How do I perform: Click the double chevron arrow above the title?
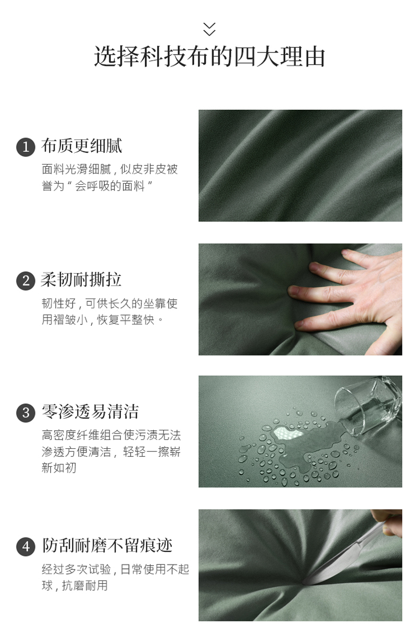coord(209,29)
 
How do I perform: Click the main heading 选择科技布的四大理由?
coord(210,57)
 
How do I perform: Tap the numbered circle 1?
coord(26,146)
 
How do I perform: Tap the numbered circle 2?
coord(26,281)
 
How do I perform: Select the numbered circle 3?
coord(26,413)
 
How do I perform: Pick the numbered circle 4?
coord(26,546)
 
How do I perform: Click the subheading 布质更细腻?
coord(82,146)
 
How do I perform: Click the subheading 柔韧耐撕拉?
coord(81,280)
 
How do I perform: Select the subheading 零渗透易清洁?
coord(90,412)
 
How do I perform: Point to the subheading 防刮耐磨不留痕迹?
coord(107,545)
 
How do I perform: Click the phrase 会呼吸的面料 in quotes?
coord(110,186)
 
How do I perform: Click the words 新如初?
coord(59,468)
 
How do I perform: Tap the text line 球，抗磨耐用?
coord(75,585)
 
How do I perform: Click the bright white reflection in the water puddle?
coord(288,434)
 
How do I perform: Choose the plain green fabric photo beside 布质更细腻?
coord(300,166)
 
